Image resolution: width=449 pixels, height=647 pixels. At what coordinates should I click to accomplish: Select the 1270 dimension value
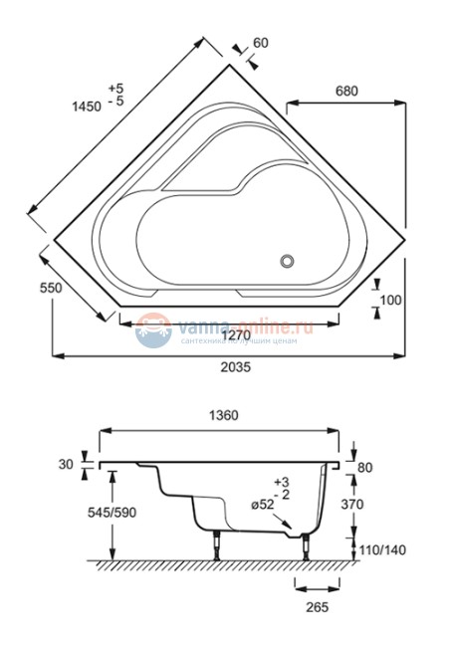pos(235,335)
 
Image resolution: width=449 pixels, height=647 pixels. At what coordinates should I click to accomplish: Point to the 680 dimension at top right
pos(345,91)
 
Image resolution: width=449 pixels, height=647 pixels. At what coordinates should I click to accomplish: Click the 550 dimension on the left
pos(24,288)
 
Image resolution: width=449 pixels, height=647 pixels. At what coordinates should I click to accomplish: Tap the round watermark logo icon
pos(153,328)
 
